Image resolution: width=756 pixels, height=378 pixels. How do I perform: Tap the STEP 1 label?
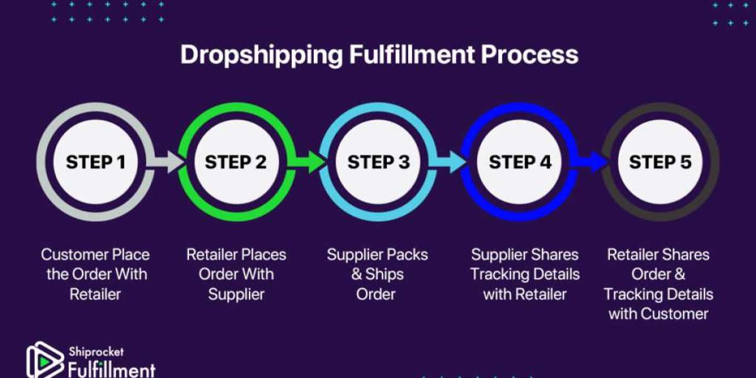coord(95,163)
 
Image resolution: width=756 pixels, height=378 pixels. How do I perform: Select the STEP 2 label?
coord(236,163)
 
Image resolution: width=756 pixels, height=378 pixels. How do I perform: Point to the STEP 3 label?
coord(379,163)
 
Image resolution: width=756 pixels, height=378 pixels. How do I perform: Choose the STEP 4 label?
coord(520,163)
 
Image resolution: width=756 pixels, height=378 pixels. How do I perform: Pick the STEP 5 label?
coord(660,163)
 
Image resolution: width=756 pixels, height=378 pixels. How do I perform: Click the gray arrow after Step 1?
coord(165,164)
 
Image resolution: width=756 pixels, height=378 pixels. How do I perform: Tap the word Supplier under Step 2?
coord(236,294)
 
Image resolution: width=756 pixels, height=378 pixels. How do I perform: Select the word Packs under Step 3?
coord(406,255)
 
